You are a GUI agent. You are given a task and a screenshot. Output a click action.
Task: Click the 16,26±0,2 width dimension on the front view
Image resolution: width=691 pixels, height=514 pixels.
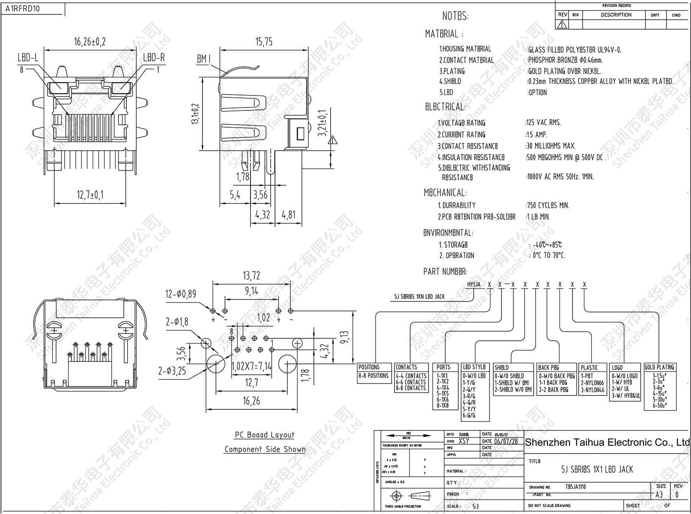(x=90, y=42)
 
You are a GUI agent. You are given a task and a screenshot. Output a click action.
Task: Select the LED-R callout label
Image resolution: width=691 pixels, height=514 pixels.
(x=154, y=58)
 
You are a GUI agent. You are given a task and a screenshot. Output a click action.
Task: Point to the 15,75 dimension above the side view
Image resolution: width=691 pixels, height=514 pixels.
(x=264, y=42)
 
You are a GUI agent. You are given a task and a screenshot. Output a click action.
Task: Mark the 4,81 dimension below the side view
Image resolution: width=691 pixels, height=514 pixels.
(x=288, y=214)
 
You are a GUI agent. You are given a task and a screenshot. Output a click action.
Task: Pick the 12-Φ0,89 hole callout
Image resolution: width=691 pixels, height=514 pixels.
(x=180, y=294)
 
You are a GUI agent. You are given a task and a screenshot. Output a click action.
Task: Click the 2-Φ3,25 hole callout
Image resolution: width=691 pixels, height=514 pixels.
(x=172, y=371)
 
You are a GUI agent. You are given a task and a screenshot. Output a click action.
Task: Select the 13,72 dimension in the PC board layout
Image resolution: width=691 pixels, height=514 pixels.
(x=251, y=275)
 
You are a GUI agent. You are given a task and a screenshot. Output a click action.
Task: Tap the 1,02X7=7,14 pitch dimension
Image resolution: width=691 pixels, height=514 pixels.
(x=251, y=367)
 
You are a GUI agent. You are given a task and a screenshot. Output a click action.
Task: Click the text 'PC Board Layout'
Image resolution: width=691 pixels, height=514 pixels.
(x=264, y=435)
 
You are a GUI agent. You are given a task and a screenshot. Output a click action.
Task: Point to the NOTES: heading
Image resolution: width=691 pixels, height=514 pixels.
(x=455, y=16)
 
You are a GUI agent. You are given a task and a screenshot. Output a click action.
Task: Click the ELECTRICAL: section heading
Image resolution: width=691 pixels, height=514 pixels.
(x=445, y=107)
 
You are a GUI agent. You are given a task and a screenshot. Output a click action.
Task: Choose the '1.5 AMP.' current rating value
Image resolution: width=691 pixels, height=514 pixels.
(x=536, y=134)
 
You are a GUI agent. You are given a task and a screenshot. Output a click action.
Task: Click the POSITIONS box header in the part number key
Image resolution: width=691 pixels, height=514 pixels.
(x=369, y=367)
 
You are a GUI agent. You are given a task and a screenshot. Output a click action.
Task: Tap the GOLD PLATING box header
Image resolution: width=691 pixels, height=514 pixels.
(x=659, y=367)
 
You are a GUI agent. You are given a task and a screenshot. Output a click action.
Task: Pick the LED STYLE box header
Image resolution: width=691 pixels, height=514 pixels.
(x=474, y=367)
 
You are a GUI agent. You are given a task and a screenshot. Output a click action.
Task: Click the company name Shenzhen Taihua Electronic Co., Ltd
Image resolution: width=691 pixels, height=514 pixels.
(x=607, y=442)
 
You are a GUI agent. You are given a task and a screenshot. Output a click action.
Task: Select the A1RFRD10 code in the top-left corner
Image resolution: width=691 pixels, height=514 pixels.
(x=23, y=8)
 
